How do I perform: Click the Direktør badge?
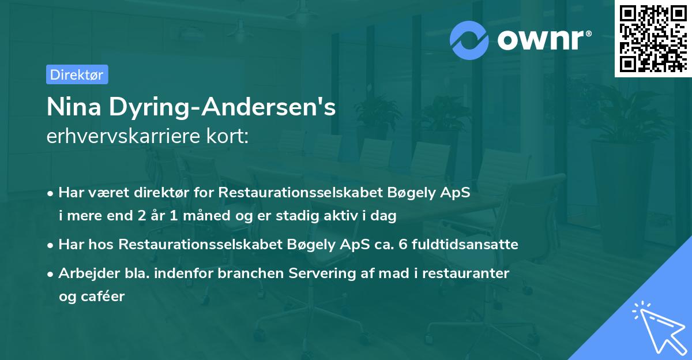(77, 74)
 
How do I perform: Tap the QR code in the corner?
(653, 38)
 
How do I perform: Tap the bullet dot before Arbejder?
(51, 274)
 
